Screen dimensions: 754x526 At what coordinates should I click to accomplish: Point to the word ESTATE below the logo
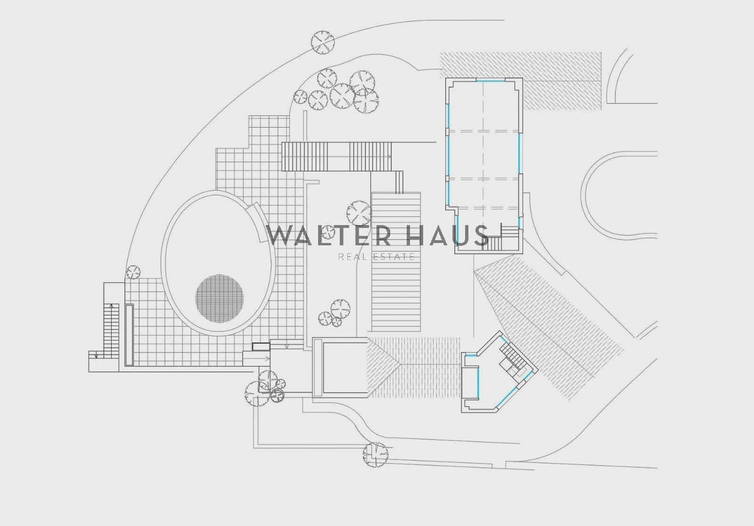coord(394,257)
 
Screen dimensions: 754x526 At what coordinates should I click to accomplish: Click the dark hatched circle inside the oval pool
coord(220,299)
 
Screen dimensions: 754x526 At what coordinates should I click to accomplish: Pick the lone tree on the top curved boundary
coord(322,42)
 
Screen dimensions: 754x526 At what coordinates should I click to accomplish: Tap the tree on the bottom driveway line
coord(375,455)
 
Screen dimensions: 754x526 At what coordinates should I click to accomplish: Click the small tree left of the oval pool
coord(133,272)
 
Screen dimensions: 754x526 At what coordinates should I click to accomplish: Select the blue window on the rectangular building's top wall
coord(491,81)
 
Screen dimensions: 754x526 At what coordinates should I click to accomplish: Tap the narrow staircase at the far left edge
coord(111,331)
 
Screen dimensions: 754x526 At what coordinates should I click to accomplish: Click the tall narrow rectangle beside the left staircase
coord(129,335)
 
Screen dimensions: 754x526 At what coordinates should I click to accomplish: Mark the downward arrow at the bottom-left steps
coord(96,355)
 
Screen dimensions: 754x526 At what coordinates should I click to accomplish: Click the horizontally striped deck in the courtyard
coord(396,262)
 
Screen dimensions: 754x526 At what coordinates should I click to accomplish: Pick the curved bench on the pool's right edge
coord(259,222)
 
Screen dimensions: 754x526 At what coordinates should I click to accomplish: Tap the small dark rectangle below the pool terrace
coord(261,347)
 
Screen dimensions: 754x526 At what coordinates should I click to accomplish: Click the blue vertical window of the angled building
coord(478,383)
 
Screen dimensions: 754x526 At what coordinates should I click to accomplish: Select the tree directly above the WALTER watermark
coord(359,213)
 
